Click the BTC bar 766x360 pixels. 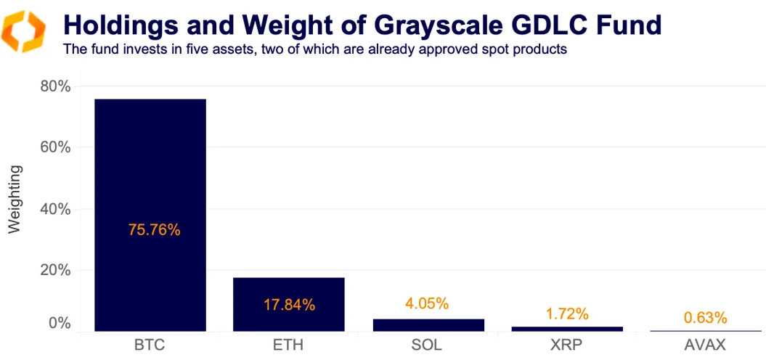tap(150, 181)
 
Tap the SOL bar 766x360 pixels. tap(428, 324)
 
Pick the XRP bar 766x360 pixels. tap(567, 329)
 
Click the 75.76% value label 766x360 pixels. tap(154, 230)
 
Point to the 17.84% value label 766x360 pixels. tap(288, 305)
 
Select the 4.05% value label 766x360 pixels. tap(426, 303)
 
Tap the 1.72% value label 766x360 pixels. tap(567, 314)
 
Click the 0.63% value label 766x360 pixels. tap(705, 317)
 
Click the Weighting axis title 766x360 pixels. tap(15, 200)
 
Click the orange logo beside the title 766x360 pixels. tap(24, 32)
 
